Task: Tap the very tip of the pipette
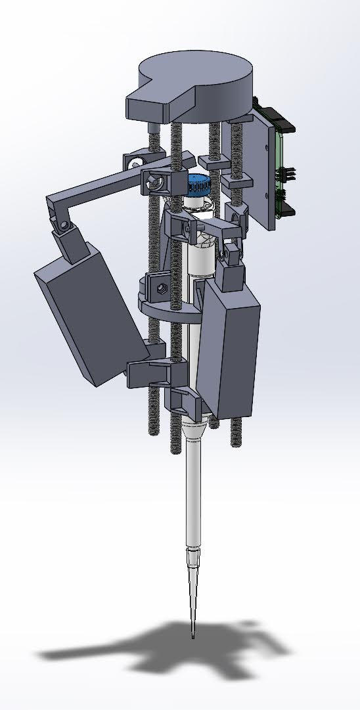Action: point(192,637)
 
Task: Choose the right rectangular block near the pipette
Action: point(230,348)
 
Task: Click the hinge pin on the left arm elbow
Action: point(64,225)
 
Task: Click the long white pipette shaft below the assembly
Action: point(194,499)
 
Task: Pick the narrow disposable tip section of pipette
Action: point(192,591)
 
